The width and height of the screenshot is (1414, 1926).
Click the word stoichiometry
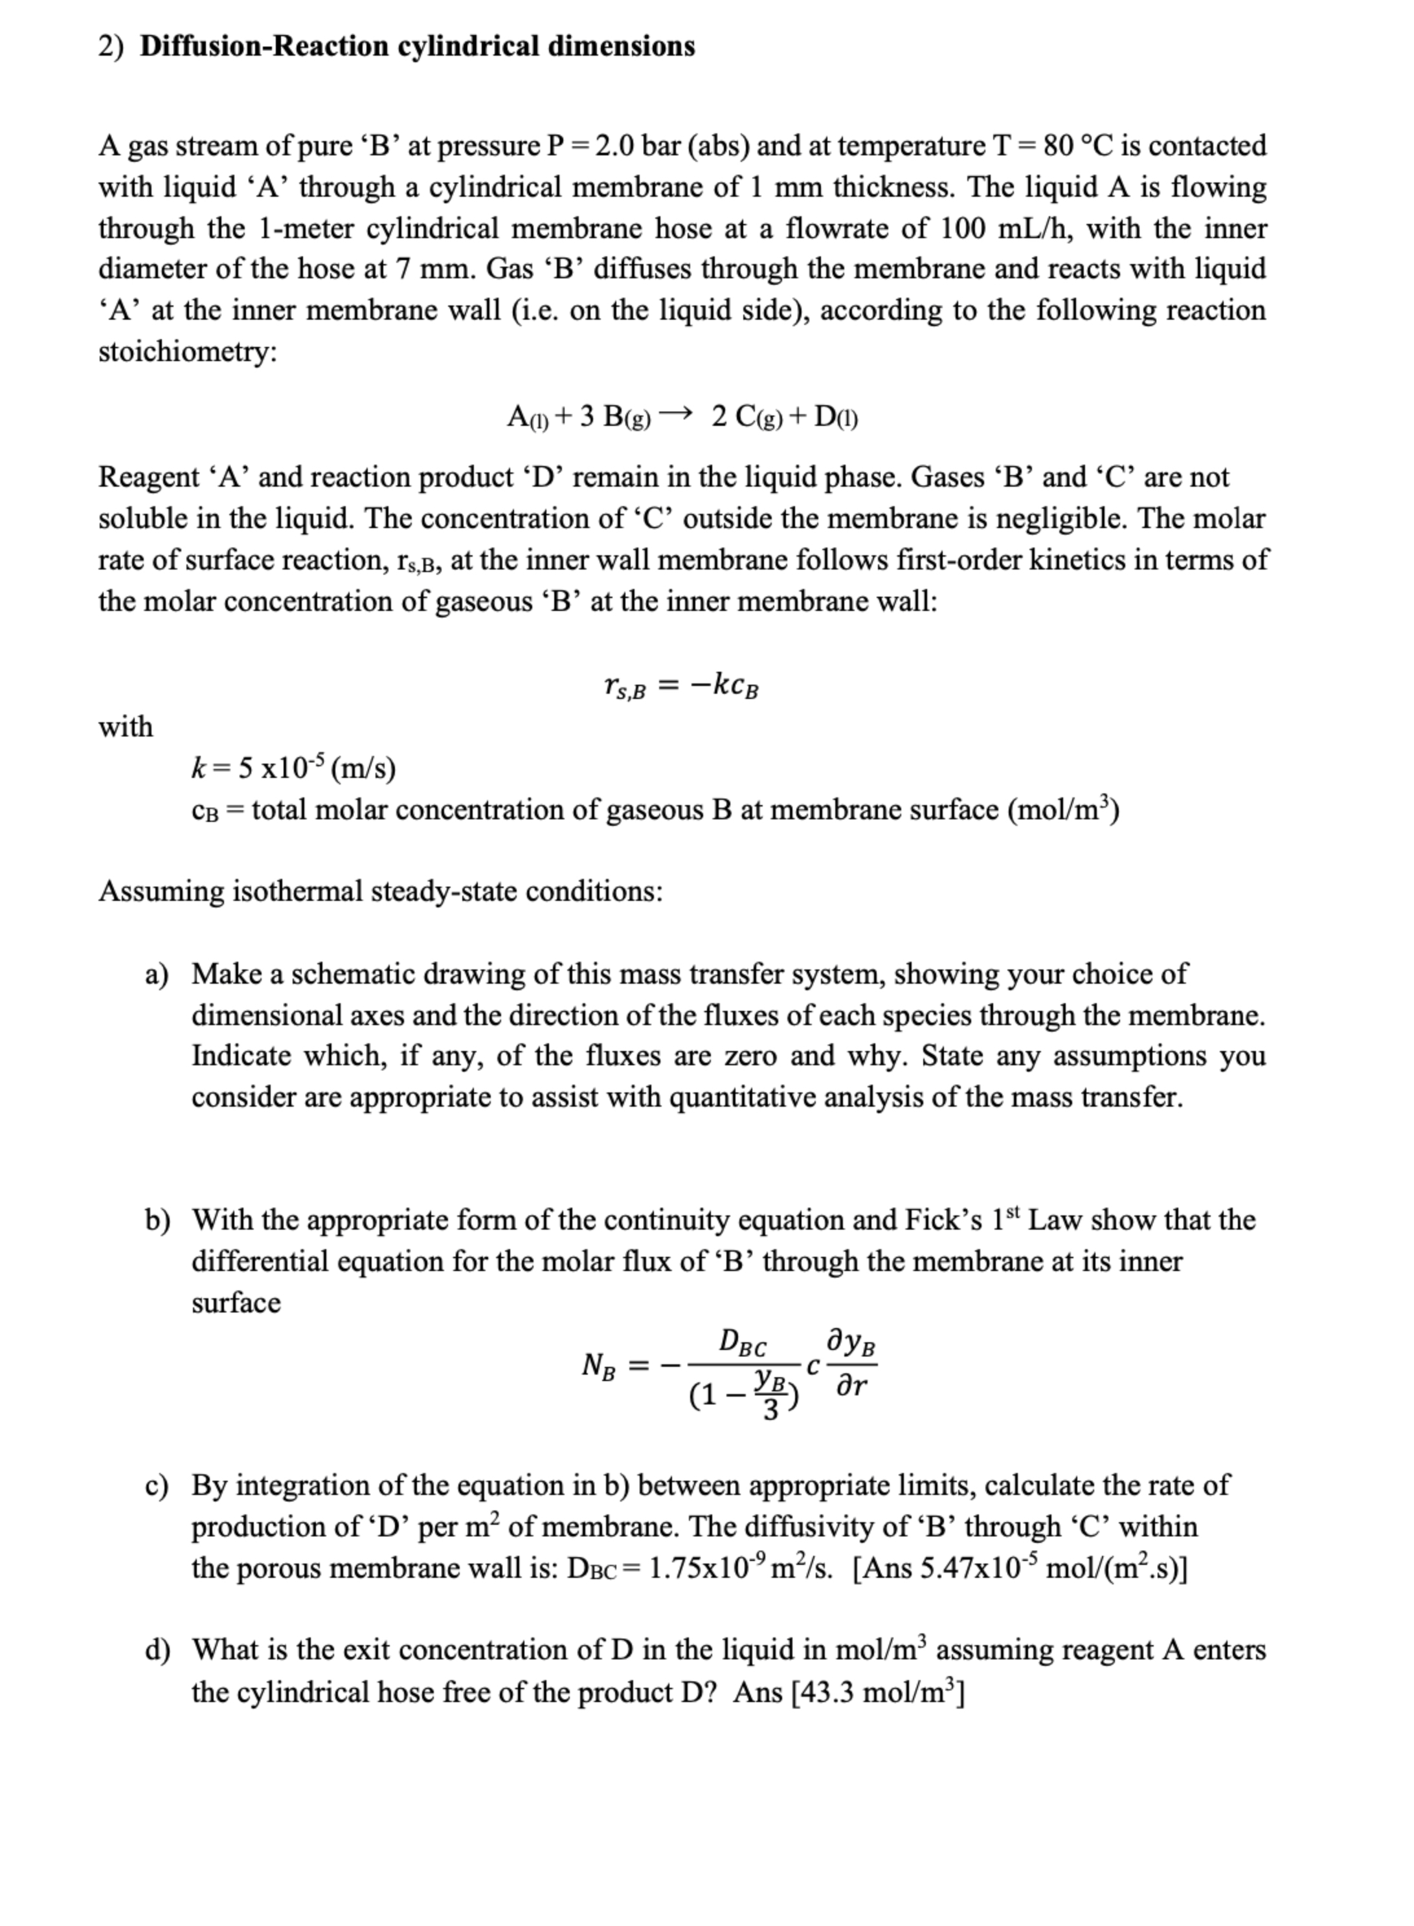pos(188,351)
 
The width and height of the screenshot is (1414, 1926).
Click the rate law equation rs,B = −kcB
pos(680,685)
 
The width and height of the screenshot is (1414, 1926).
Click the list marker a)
pos(157,974)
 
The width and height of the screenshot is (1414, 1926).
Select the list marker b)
pos(157,1220)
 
